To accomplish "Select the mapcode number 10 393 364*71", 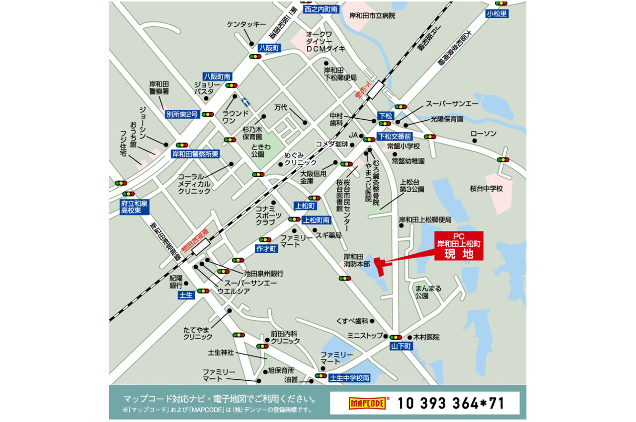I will pos(451,403).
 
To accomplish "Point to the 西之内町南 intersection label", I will pos(321,9).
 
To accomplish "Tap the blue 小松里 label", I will pos(497,14).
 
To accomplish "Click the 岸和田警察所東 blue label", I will pos(195,154).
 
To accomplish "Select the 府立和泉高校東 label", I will pos(134,207).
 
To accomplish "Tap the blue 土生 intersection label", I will pos(185,295).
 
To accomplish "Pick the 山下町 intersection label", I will pos(401,347).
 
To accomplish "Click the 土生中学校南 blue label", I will pos(350,378).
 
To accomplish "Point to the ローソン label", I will pos(483,134).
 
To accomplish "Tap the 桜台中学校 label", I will pos(486,189).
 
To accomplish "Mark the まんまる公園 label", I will pos(428,292).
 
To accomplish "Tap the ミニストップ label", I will pos(365,336).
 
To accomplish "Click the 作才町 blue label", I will pos(266,248).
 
